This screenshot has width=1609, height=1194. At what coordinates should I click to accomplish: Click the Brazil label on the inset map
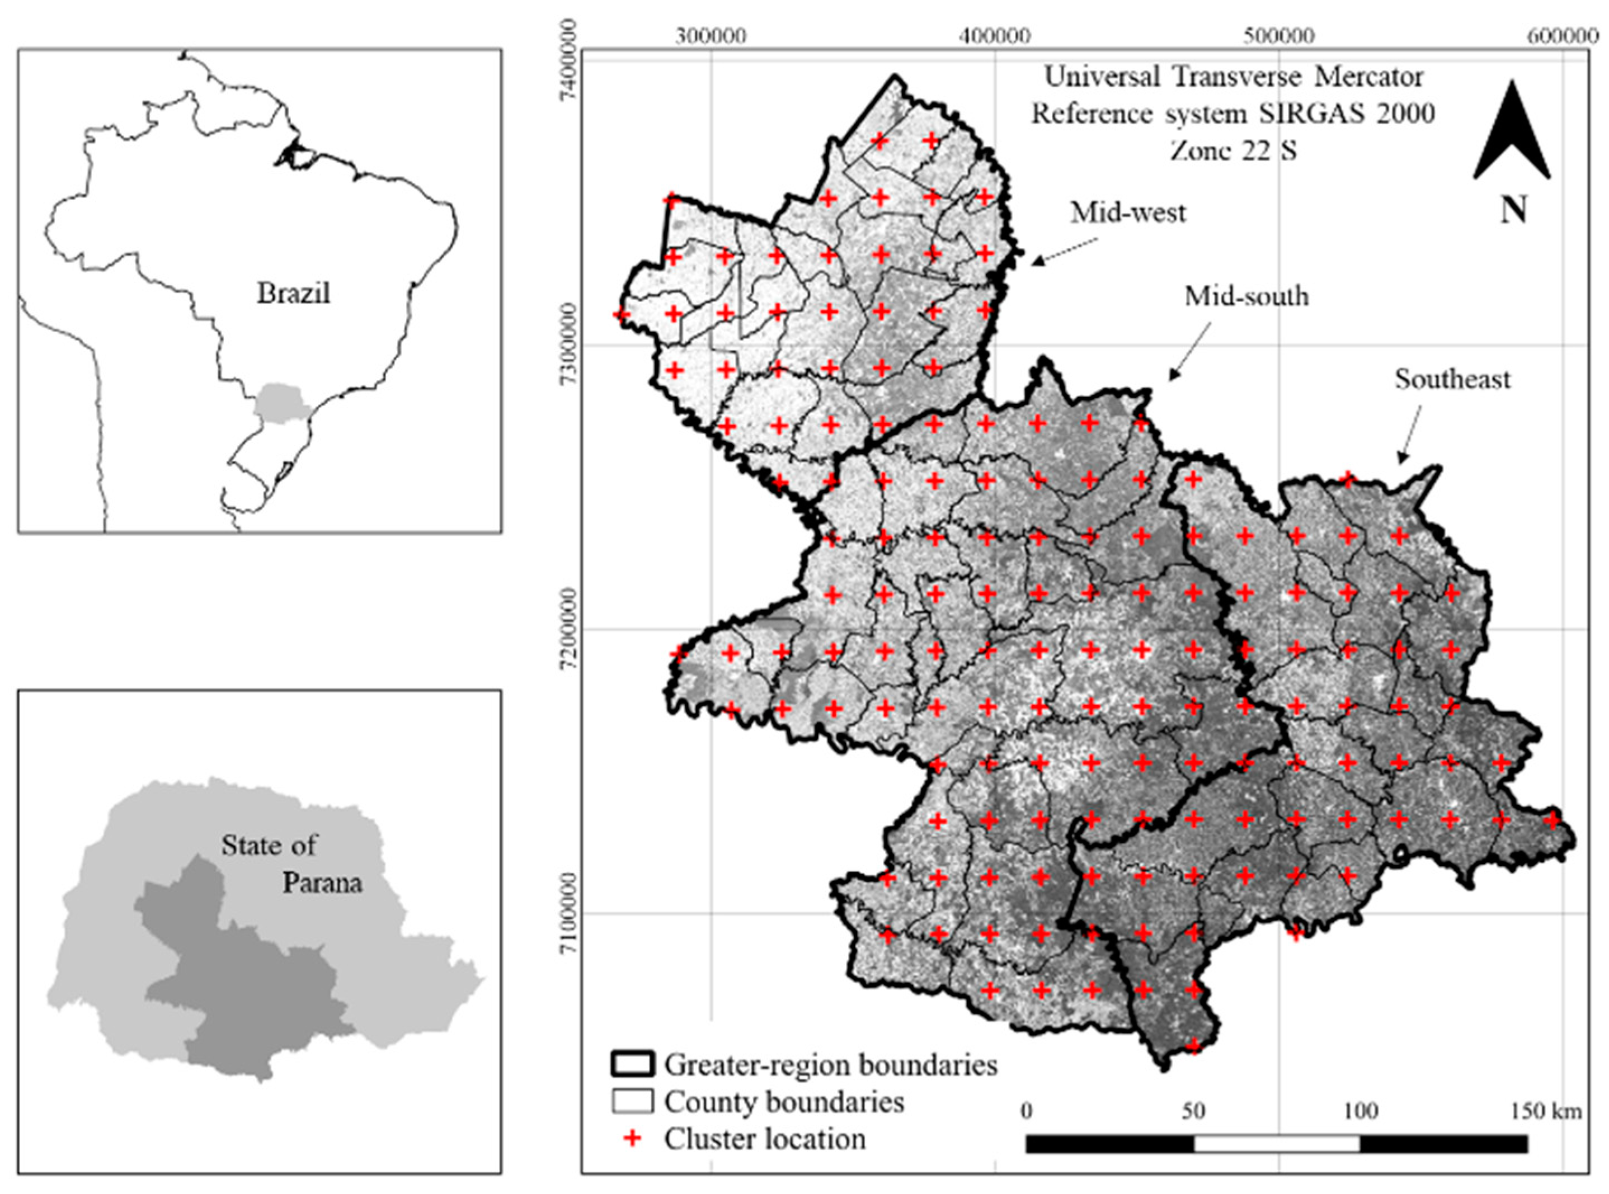[x=294, y=294]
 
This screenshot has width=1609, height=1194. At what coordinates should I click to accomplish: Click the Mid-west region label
[x=1128, y=213]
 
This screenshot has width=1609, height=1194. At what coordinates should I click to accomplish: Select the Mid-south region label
[x=1246, y=296]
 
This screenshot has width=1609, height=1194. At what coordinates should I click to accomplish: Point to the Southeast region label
[x=1452, y=379]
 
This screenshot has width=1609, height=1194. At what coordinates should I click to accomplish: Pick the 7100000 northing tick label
[x=569, y=912]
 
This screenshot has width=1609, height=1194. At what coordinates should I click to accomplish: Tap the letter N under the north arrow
[x=1513, y=210]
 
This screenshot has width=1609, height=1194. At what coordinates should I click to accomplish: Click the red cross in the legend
[x=633, y=1139]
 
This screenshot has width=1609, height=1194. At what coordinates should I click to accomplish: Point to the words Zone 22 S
[x=1233, y=150]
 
